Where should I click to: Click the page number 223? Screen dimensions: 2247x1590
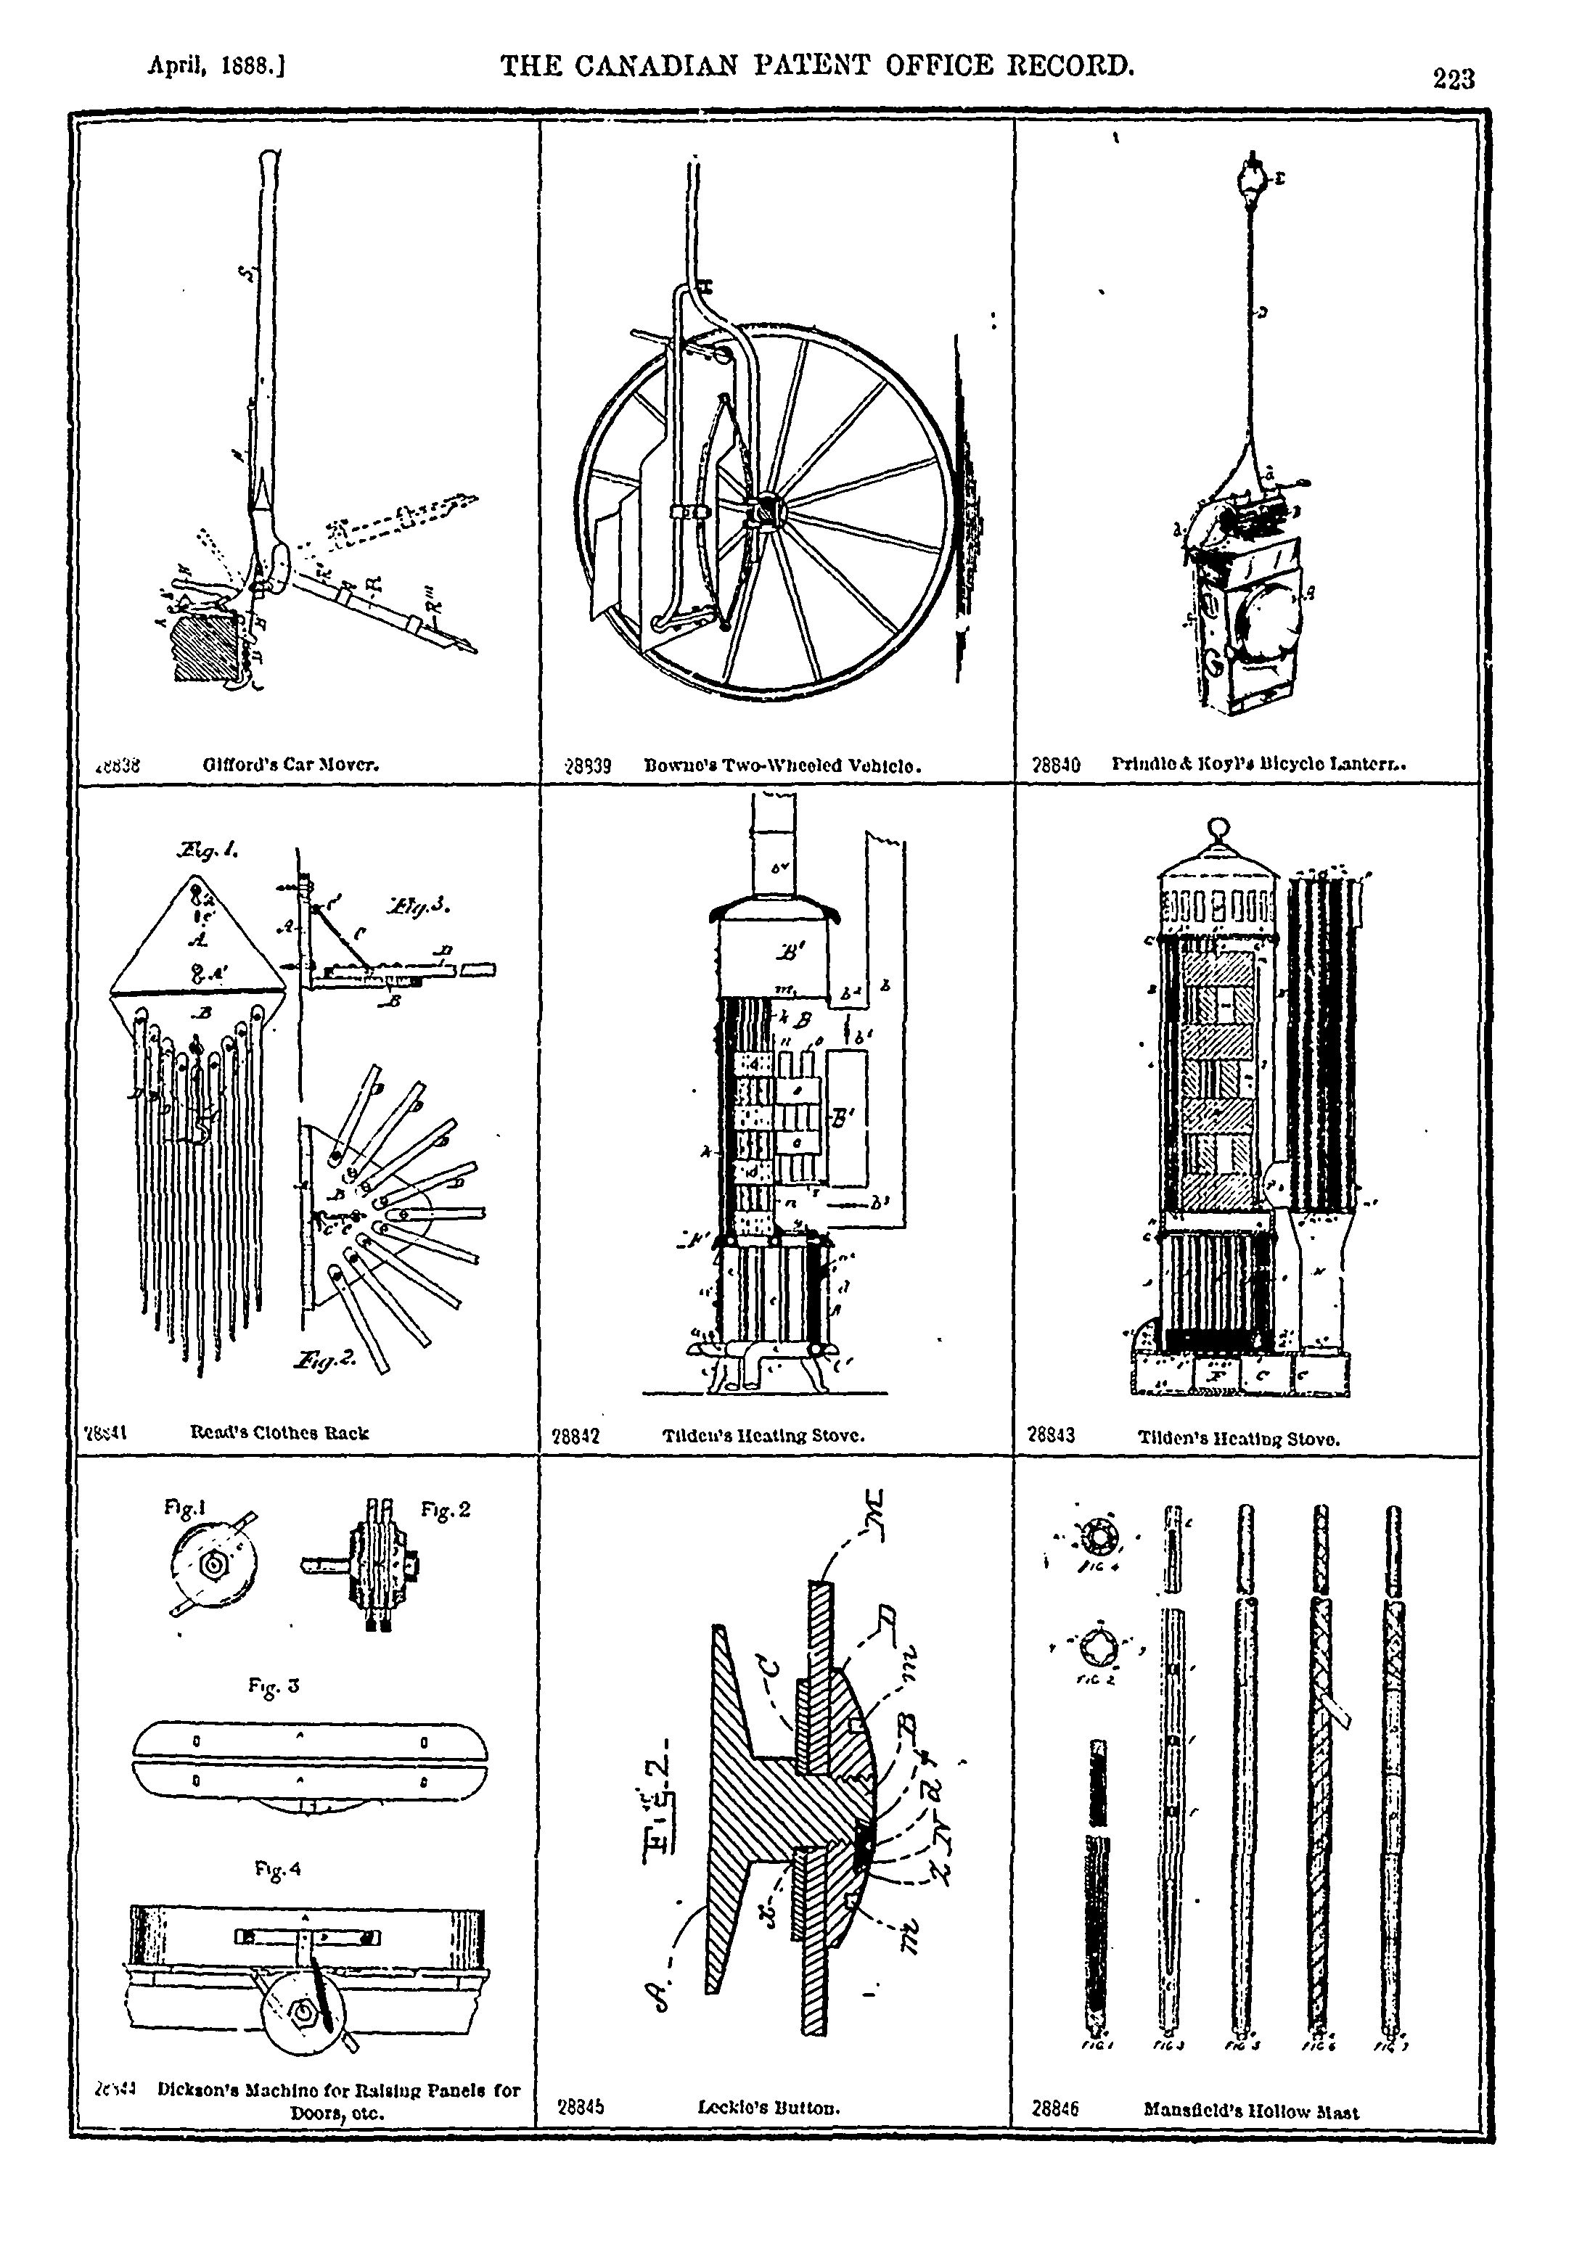pyautogui.click(x=1453, y=78)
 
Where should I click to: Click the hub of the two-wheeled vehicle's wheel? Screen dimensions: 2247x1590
pyautogui.click(x=765, y=511)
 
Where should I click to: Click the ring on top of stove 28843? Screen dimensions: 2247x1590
pyautogui.click(x=1219, y=827)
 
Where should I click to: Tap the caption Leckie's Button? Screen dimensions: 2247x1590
pyautogui.click(x=769, y=2107)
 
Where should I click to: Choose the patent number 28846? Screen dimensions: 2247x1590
pyautogui.click(x=1054, y=2110)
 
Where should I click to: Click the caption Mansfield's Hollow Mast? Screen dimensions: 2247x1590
pyautogui.click(x=1250, y=2112)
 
